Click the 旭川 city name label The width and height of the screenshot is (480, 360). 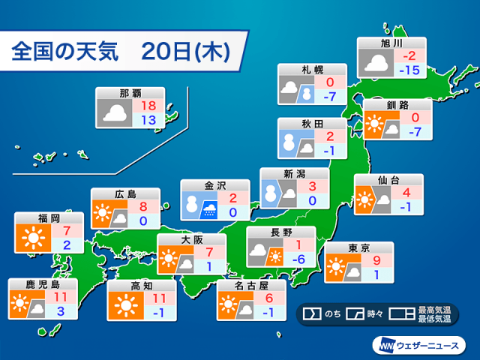(391, 43)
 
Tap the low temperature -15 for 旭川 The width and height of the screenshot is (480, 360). (409, 70)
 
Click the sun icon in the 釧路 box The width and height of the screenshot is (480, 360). (373, 123)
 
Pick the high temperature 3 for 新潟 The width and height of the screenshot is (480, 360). (312, 187)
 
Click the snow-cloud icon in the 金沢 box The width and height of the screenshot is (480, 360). (209, 210)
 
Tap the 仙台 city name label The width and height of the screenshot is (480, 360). (388, 180)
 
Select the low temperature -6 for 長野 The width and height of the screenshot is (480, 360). (298, 259)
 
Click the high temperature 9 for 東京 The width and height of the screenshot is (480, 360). (376, 260)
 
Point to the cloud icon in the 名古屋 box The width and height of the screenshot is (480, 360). (245, 310)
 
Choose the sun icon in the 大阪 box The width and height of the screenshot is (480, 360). (168, 258)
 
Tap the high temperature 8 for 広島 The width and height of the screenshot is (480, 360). (143, 207)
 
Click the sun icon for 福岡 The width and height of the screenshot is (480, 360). (33, 238)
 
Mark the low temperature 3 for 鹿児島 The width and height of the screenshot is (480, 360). (61, 311)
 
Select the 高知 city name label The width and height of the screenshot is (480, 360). (142, 286)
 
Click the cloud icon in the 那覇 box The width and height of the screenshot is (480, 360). (115, 113)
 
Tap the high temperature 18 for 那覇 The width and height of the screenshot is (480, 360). (148, 106)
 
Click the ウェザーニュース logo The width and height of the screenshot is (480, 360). (419, 346)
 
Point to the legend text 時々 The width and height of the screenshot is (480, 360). (375, 314)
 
